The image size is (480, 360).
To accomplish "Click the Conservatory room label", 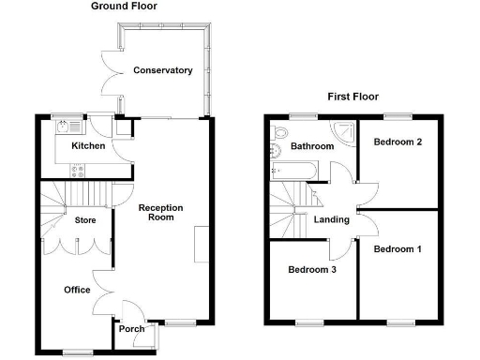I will (x=162, y=70).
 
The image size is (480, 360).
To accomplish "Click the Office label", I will (x=77, y=290).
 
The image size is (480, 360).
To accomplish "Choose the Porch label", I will (x=129, y=329).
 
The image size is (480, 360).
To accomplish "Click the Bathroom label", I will (x=311, y=146).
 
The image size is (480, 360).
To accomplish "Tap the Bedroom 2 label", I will (x=397, y=142).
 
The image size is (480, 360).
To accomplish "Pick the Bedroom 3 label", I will (x=312, y=269).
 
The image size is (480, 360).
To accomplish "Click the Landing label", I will (x=332, y=220).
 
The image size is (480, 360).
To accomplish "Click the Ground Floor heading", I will (x=124, y=7).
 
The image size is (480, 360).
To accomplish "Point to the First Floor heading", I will (x=353, y=97).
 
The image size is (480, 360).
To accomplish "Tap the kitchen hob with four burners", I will (x=79, y=170).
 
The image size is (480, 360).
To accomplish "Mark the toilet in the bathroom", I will (x=275, y=149).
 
